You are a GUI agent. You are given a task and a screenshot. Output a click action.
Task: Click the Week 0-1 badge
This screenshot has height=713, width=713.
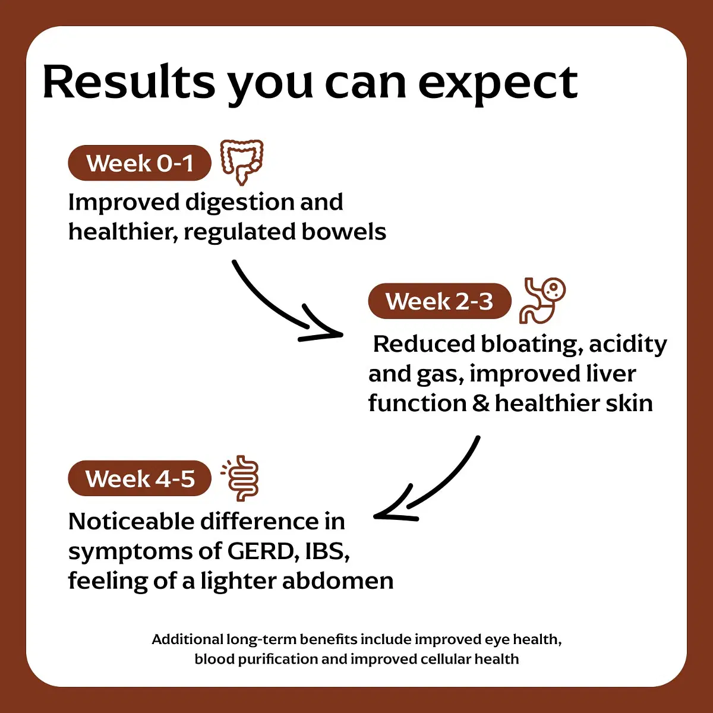click(x=140, y=163)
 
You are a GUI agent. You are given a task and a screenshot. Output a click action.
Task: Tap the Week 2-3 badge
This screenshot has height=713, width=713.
click(x=440, y=301)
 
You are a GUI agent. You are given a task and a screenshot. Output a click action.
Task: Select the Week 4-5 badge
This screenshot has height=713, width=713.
click(x=140, y=478)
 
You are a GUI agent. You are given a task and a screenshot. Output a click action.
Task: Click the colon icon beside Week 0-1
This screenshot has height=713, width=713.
click(x=242, y=162)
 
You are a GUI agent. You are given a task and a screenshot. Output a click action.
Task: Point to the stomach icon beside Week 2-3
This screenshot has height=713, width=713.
click(x=542, y=301)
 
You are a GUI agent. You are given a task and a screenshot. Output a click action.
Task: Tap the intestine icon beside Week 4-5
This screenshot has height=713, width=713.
click(x=240, y=478)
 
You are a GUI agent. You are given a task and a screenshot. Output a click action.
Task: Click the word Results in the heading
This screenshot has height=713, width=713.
click(x=129, y=81)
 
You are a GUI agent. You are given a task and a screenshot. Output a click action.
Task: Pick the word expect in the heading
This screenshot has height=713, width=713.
click(x=498, y=86)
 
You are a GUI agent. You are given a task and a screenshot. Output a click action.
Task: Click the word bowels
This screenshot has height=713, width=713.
click(x=344, y=232)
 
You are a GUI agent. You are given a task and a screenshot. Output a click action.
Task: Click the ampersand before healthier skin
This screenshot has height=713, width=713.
click(x=481, y=403)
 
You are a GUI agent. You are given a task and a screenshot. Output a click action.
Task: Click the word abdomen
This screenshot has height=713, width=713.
click(x=338, y=581)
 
